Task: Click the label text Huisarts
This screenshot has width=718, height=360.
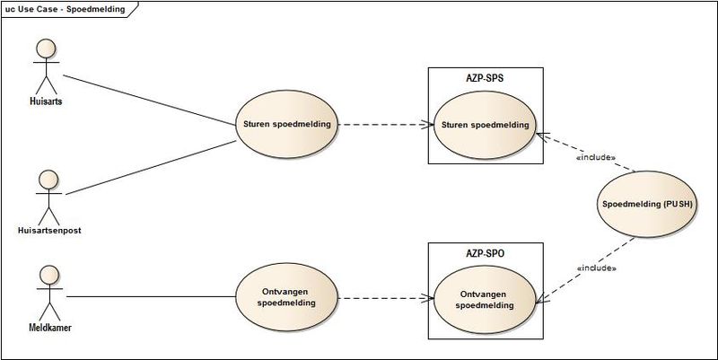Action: (39, 102)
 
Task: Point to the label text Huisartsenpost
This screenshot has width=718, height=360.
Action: (48, 231)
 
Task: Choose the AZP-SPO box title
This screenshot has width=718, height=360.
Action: (486, 254)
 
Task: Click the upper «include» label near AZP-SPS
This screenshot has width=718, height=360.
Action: (594, 157)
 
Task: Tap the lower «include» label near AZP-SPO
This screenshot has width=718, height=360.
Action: (597, 268)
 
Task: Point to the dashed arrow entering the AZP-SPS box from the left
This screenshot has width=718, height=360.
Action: (386, 125)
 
